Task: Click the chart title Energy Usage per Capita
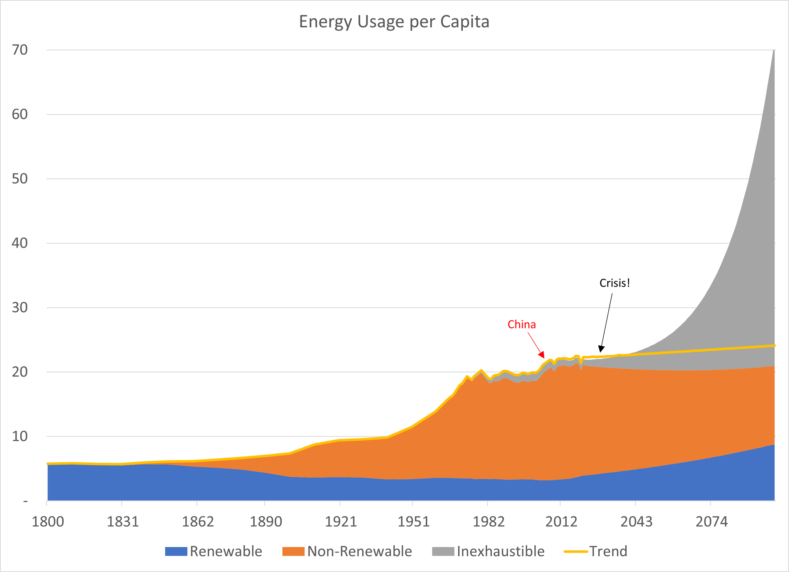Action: pyautogui.click(x=394, y=22)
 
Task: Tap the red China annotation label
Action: pyautogui.click(x=522, y=324)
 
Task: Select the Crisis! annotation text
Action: pyautogui.click(x=615, y=283)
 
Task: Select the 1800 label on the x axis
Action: pyautogui.click(x=47, y=522)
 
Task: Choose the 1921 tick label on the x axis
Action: pyautogui.click(x=340, y=522)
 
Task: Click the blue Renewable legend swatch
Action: pyautogui.click(x=176, y=552)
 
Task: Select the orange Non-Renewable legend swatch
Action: pyautogui.click(x=294, y=552)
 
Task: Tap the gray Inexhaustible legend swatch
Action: pyautogui.click(x=443, y=552)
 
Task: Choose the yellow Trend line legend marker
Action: pyautogui.click(x=576, y=552)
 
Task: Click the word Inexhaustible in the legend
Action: pyautogui.click(x=501, y=552)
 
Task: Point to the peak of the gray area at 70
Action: pyautogui.click(x=774, y=50)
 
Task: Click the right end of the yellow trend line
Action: pyautogui.click(x=774, y=346)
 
